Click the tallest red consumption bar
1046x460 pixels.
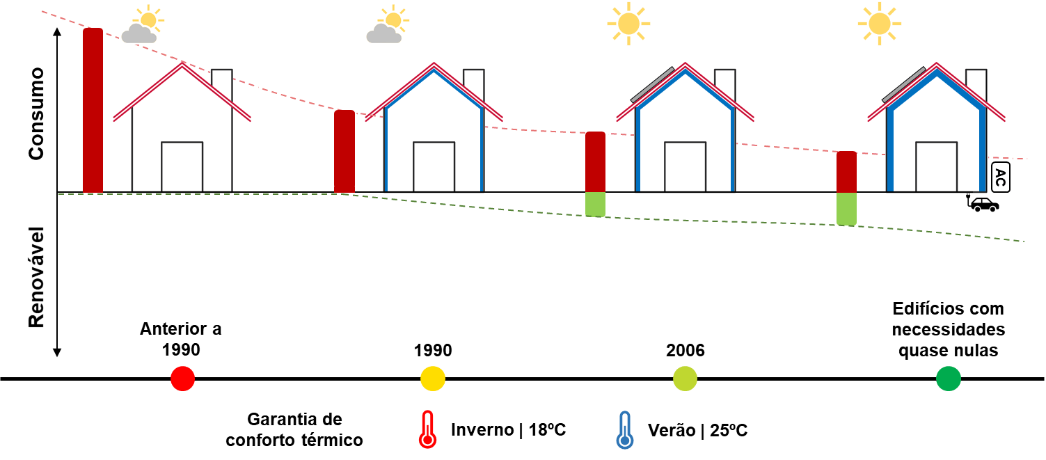click(x=93, y=110)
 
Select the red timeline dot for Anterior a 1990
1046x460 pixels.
click(x=182, y=379)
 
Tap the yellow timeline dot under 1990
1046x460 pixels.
click(x=433, y=379)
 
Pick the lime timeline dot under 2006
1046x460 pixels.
click(x=685, y=379)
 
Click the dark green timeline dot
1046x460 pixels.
click(x=949, y=379)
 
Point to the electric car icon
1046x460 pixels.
click(x=983, y=203)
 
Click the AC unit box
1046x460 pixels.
click(x=1000, y=177)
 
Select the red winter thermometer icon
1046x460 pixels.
click(x=427, y=429)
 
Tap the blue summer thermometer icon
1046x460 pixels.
click(x=625, y=430)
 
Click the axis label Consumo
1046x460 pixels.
click(x=36, y=113)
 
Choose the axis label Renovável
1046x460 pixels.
click(x=36, y=277)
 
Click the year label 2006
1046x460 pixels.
click(x=685, y=350)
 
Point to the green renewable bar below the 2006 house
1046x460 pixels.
click(x=596, y=205)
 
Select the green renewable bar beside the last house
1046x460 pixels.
click(x=846, y=209)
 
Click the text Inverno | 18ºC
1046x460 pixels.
click(x=508, y=429)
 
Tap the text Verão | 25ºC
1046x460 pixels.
click(x=697, y=430)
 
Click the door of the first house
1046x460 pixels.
click(x=182, y=167)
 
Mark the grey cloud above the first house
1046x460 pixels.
click(x=138, y=33)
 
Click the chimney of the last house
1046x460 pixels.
click(x=976, y=86)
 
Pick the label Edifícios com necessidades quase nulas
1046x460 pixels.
click(x=949, y=329)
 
